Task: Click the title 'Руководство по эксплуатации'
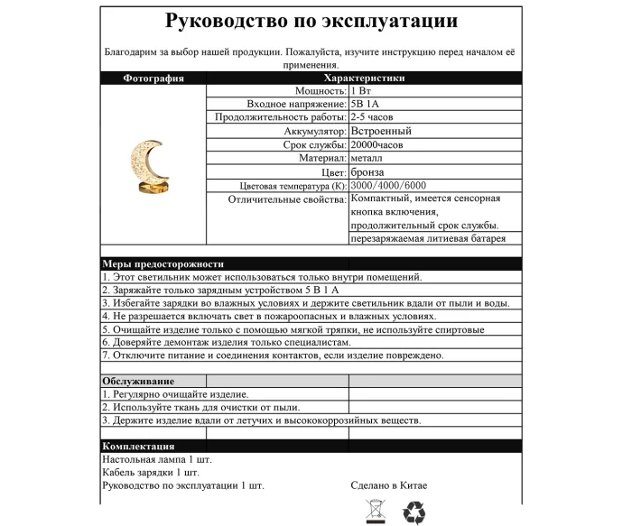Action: (311, 22)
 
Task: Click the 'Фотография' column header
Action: (153, 78)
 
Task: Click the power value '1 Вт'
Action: (362, 91)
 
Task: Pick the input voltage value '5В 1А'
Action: (365, 105)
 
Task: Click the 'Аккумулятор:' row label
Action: (308, 132)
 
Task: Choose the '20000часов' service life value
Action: (380, 145)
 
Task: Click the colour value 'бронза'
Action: (367, 171)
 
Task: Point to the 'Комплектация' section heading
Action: (138, 447)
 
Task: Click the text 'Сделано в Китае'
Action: (389, 485)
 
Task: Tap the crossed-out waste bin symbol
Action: (374, 512)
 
